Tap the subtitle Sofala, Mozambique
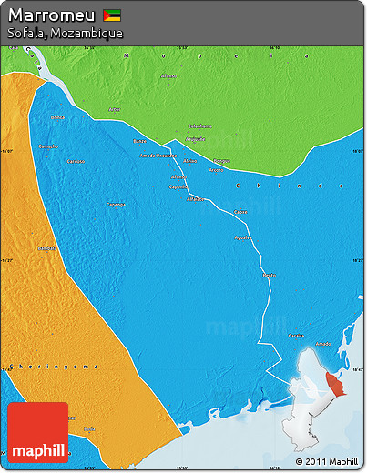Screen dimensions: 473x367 tap(64, 33)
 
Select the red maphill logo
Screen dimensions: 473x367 tap(37, 433)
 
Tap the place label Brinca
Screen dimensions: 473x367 tap(58, 117)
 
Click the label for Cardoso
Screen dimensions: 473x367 tap(76, 160)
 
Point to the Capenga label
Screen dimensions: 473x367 tap(116, 205)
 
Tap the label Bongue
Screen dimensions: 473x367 tap(221, 160)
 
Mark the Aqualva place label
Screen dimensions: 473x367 tap(243, 237)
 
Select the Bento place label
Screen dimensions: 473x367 tap(269, 274)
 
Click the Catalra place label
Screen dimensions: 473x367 tap(296, 336)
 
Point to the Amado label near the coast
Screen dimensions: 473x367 tap(322, 343)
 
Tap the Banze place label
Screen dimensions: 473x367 tap(139, 142)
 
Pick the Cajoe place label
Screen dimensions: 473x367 tap(240, 212)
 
